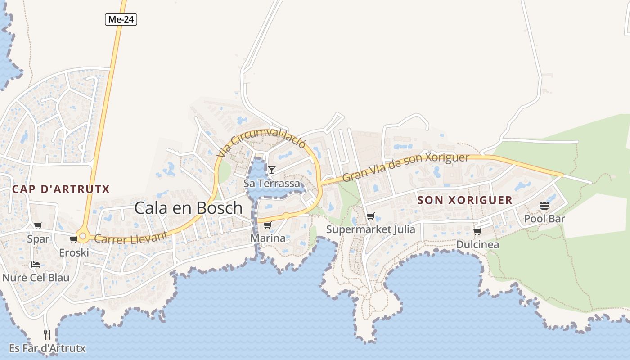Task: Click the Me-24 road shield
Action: click(121, 19)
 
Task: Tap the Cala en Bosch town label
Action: click(189, 208)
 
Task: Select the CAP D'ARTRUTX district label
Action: click(61, 189)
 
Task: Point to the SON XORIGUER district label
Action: click(465, 200)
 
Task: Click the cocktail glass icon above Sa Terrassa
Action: click(272, 170)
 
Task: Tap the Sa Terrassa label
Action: click(271, 184)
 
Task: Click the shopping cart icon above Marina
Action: click(268, 225)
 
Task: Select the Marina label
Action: click(268, 238)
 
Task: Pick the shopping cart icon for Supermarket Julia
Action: click(371, 216)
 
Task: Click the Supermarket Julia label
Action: click(371, 229)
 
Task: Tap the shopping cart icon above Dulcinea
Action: click(477, 231)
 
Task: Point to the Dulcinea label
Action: click(477, 244)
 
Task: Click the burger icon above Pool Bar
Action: click(544, 206)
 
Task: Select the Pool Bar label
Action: click(544, 219)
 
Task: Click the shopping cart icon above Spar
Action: click(38, 225)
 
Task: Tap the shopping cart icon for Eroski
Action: click(74, 240)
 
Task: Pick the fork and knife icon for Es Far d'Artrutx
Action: click(47, 335)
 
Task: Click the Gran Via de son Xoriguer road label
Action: click(405, 166)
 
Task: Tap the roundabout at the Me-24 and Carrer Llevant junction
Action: click(82, 235)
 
